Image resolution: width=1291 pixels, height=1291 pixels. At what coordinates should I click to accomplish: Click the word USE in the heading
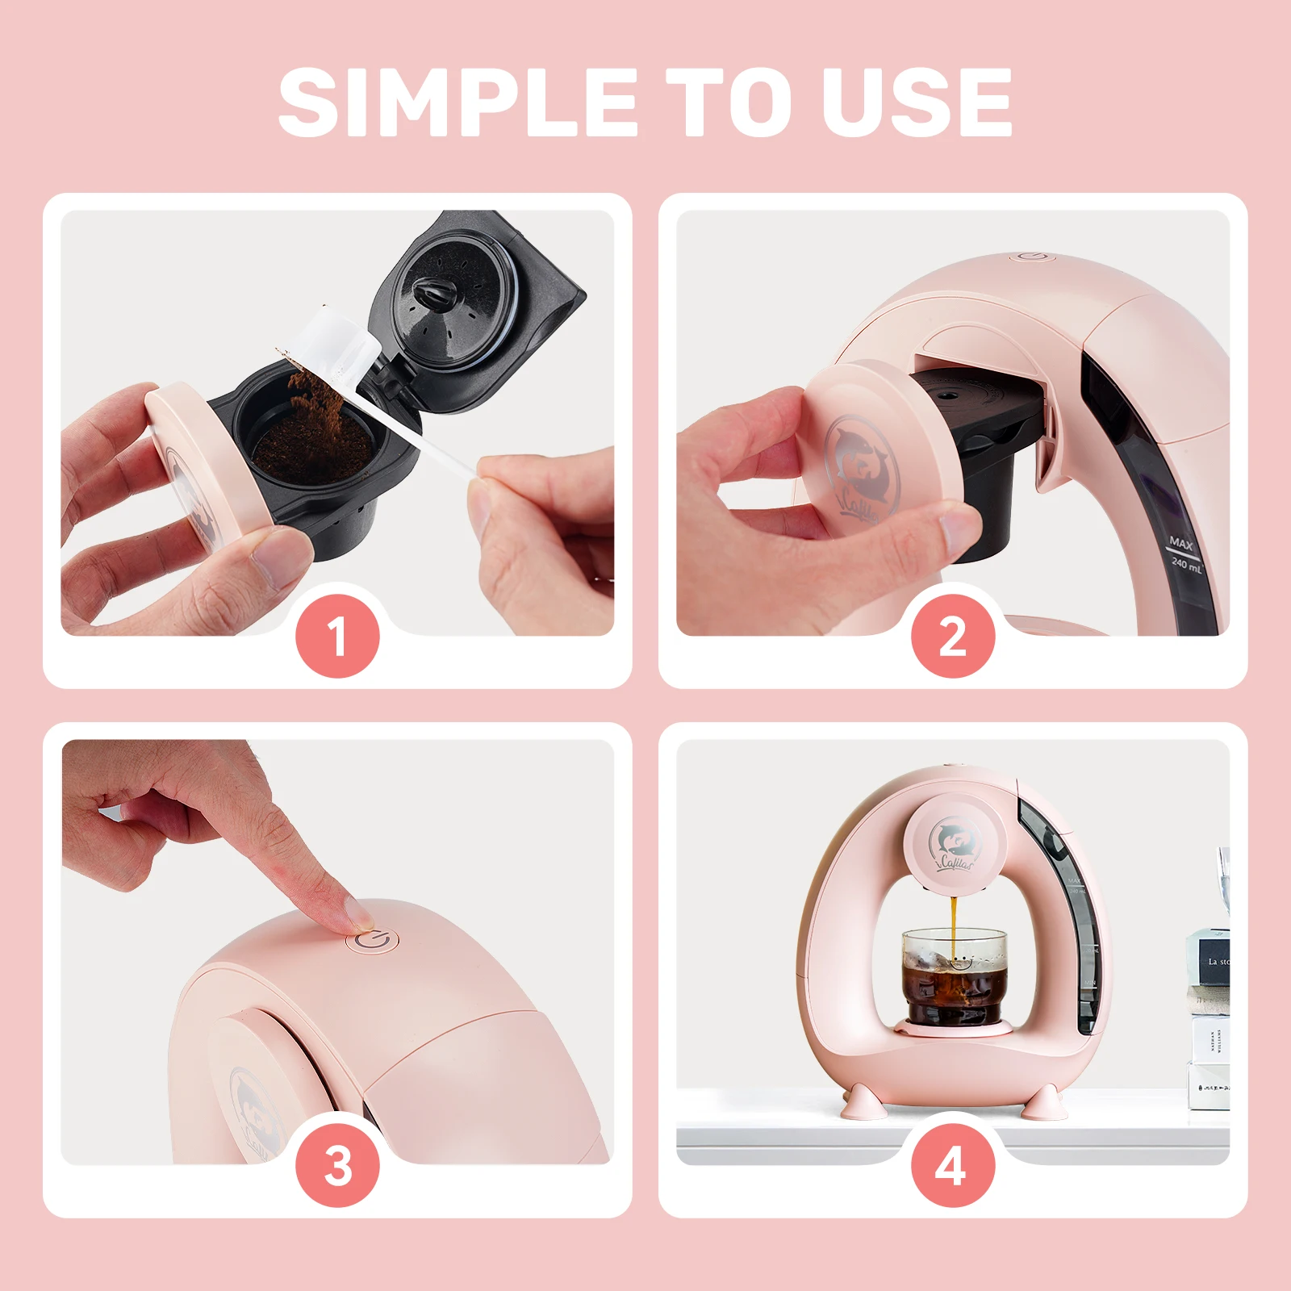click(x=917, y=102)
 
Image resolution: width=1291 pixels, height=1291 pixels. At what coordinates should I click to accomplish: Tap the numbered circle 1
click(x=338, y=636)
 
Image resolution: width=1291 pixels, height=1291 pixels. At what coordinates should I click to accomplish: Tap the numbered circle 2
click(x=953, y=636)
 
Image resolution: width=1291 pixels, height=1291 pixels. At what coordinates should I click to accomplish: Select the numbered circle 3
click(x=338, y=1165)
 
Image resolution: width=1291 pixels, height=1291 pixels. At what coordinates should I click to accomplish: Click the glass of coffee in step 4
click(x=955, y=976)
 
